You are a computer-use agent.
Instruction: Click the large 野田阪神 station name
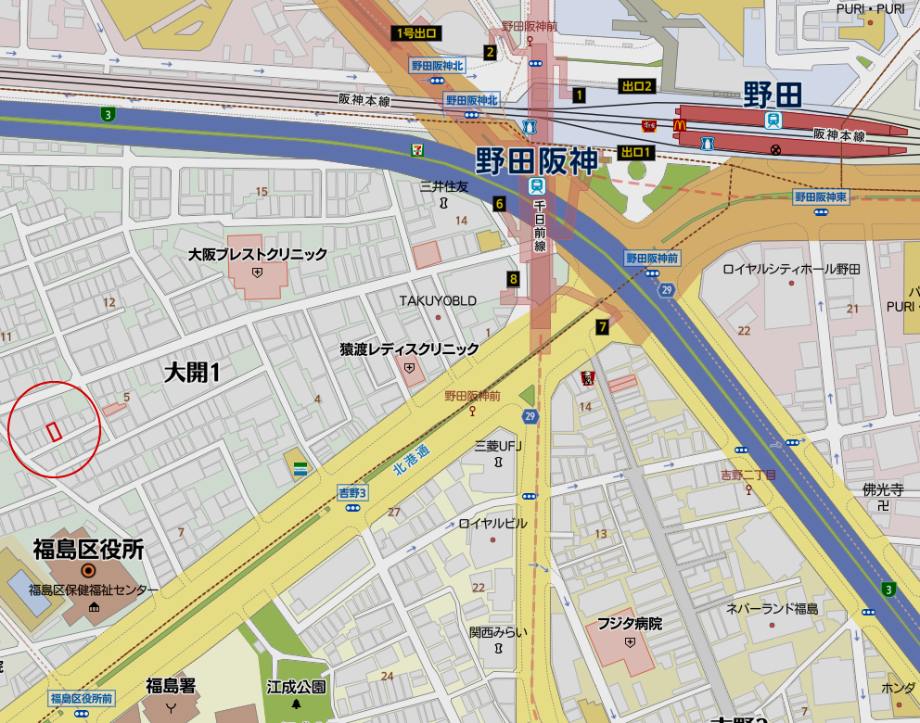pos(537,160)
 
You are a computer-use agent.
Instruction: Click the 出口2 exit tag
pos(637,86)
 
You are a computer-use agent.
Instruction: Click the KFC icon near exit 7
pos(586,377)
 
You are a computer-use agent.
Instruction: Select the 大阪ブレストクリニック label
pos(258,254)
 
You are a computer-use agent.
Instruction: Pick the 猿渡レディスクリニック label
pos(409,349)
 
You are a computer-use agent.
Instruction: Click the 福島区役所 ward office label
pos(88,550)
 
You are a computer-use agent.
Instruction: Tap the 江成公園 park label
pos(297,687)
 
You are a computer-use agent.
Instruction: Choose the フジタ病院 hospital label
pos(630,624)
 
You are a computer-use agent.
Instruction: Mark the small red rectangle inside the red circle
pos(54,431)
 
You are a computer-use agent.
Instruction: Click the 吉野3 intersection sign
pos(352,493)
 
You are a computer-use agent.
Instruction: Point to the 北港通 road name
pos(411,459)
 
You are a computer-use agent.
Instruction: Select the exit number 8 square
pos(513,278)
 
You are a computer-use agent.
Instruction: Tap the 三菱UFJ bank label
pos(499,445)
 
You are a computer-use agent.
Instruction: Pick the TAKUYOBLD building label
pos(438,300)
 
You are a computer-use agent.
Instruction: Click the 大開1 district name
pos(192,373)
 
